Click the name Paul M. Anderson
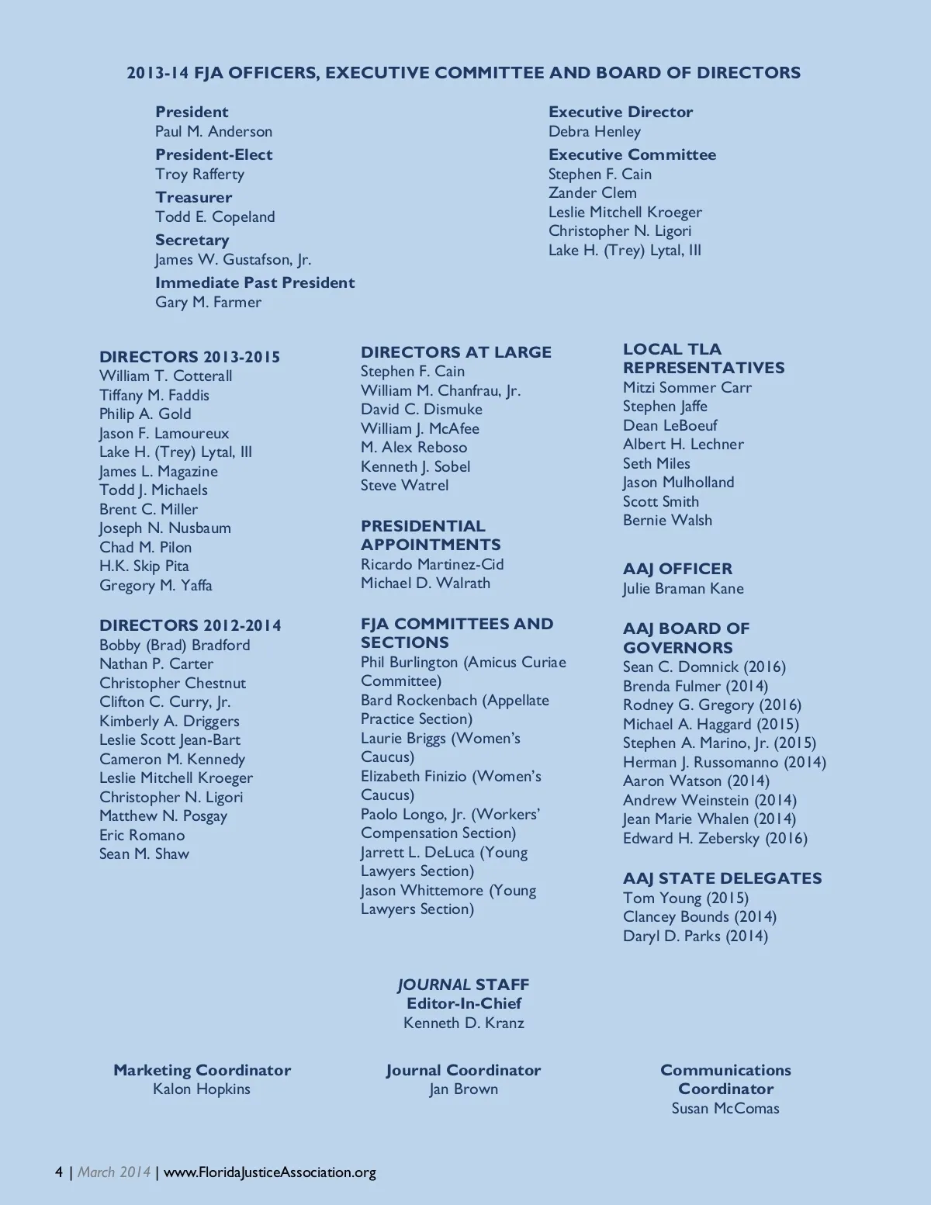point(213,131)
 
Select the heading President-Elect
point(213,154)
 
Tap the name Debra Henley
point(594,131)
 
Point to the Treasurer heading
point(193,197)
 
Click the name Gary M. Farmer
point(208,302)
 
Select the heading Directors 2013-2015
point(189,357)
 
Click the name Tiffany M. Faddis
point(154,395)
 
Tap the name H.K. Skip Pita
point(144,566)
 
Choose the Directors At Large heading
point(455,352)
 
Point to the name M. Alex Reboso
point(414,447)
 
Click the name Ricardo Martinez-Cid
point(432,564)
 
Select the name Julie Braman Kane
point(683,588)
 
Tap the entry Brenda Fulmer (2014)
point(695,686)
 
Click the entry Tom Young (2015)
point(685,898)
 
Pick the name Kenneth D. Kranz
point(463,1023)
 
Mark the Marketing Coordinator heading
point(202,1070)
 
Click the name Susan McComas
point(725,1108)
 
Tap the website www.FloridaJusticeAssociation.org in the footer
point(270,1172)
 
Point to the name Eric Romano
point(142,835)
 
